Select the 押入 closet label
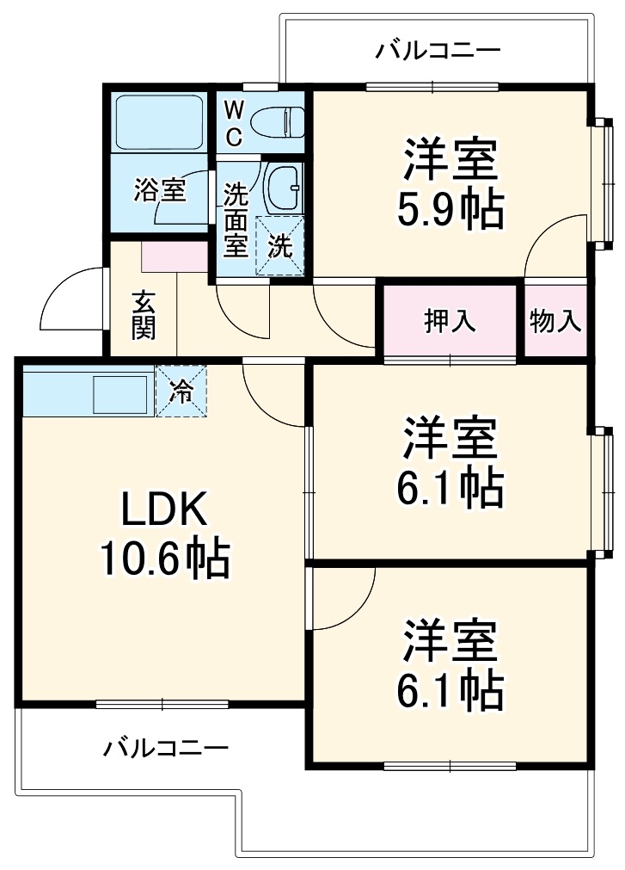449,321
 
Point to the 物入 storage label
555,321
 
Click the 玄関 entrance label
144,315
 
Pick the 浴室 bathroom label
159,190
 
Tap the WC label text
234,122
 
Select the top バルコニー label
437,51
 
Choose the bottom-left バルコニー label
166,747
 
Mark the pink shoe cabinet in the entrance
175,256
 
